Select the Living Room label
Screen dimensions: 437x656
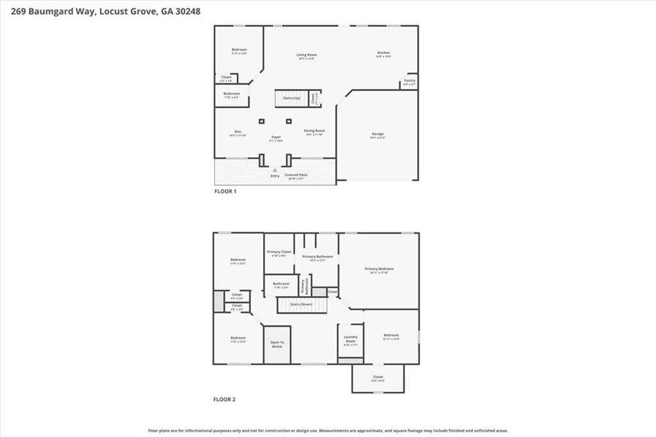pyautogui.click(x=306, y=56)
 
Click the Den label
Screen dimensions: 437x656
pyautogui.click(x=238, y=133)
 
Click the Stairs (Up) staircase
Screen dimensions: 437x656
pyautogui.click(x=291, y=99)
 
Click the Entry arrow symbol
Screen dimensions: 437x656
pyautogui.click(x=275, y=170)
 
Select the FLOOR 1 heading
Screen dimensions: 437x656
pyautogui.click(x=225, y=191)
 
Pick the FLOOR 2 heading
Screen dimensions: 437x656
pyautogui.click(x=224, y=399)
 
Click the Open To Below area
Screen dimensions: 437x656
pyautogui.click(x=277, y=345)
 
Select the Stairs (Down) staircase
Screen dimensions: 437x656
pyautogui.click(x=302, y=305)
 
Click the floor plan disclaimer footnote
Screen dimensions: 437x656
pyautogui.click(x=328, y=431)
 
